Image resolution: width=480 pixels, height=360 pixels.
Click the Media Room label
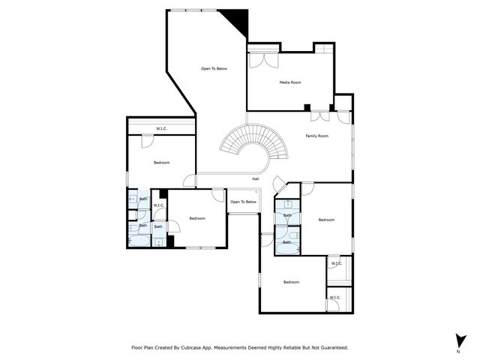click(290, 82)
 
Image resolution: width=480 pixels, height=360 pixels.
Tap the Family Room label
click(316, 136)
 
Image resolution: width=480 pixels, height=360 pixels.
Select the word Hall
click(256, 178)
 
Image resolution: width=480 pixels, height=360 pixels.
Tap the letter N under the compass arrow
click(458, 351)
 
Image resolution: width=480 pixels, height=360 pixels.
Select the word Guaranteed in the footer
click(331, 347)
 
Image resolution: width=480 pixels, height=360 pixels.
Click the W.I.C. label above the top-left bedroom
click(161, 129)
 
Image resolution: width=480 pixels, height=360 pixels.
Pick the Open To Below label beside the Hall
click(243, 202)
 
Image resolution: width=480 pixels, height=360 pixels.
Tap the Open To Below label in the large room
click(214, 69)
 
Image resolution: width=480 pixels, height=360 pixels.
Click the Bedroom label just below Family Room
click(326, 220)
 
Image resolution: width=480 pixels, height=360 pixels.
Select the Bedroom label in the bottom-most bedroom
click(291, 282)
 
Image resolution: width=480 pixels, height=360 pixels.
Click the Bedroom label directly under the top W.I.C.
click(161, 163)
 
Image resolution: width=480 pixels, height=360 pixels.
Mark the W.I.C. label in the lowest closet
click(334, 298)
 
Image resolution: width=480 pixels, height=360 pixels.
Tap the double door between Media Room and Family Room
click(319, 117)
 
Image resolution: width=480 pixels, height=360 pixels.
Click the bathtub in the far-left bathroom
click(139, 241)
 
